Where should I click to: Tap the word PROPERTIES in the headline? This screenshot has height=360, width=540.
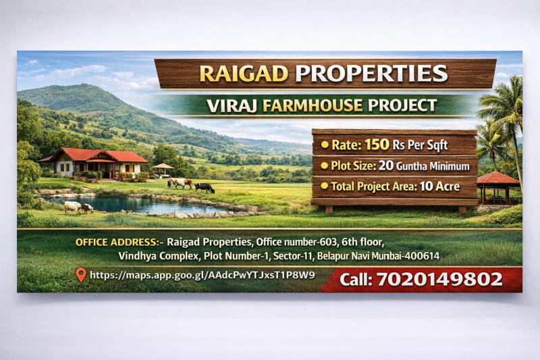pyautogui.click(x=371, y=74)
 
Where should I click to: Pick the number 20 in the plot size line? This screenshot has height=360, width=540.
pyautogui.click(x=385, y=165)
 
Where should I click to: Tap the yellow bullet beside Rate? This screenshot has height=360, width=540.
pyautogui.click(x=325, y=145)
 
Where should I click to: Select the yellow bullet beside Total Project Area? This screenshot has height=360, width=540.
pyautogui.click(x=325, y=186)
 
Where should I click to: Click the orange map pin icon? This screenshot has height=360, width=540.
pyautogui.click(x=80, y=274)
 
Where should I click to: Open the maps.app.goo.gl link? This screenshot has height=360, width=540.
pyautogui.click(x=202, y=275)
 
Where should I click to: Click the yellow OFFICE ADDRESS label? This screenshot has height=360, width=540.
pyautogui.click(x=118, y=242)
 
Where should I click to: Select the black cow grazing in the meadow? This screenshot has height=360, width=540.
pyautogui.click(x=205, y=188)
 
